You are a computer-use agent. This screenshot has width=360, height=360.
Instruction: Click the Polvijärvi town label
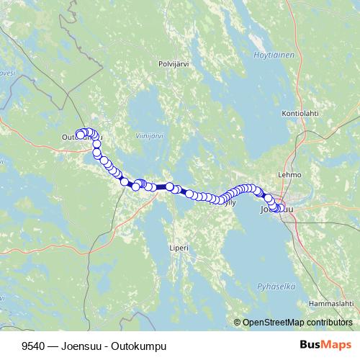coord(173,64)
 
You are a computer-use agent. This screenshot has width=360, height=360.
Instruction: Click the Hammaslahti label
coord(330,304)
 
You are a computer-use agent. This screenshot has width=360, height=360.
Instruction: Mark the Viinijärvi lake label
coord(149,135)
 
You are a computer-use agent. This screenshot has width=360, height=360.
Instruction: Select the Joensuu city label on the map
coord(276,211)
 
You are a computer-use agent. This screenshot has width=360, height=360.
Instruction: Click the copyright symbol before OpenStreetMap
coord(237,323)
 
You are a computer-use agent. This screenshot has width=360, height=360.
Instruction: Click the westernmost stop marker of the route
coord(80,134)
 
